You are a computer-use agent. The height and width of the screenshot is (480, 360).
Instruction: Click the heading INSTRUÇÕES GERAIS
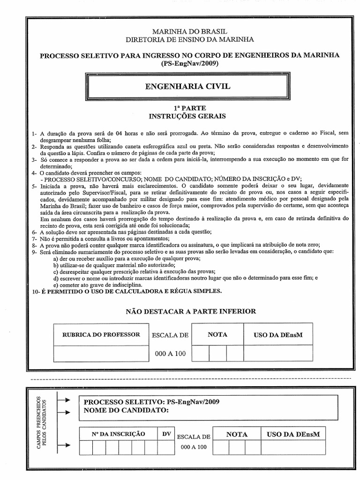coord(187,116)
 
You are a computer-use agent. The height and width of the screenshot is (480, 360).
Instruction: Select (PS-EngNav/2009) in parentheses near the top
coord(189,63)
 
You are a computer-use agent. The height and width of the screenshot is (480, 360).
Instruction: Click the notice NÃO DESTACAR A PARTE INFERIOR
coord(191,311)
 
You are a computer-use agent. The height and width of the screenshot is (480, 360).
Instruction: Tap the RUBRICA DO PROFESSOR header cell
coord(101,335)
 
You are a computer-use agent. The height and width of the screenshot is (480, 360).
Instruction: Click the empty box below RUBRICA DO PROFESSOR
coord(101,353)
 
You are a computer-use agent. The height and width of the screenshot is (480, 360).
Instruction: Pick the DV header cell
coord(166,434)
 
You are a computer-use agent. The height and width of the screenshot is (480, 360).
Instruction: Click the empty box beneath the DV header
coord(166,448)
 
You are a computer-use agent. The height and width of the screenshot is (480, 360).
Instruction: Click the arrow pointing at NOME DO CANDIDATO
coord(64,411)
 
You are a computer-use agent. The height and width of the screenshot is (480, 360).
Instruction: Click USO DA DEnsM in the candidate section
coord(293,435)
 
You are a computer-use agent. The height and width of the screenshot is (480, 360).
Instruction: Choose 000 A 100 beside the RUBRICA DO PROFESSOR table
coord(170,353)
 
